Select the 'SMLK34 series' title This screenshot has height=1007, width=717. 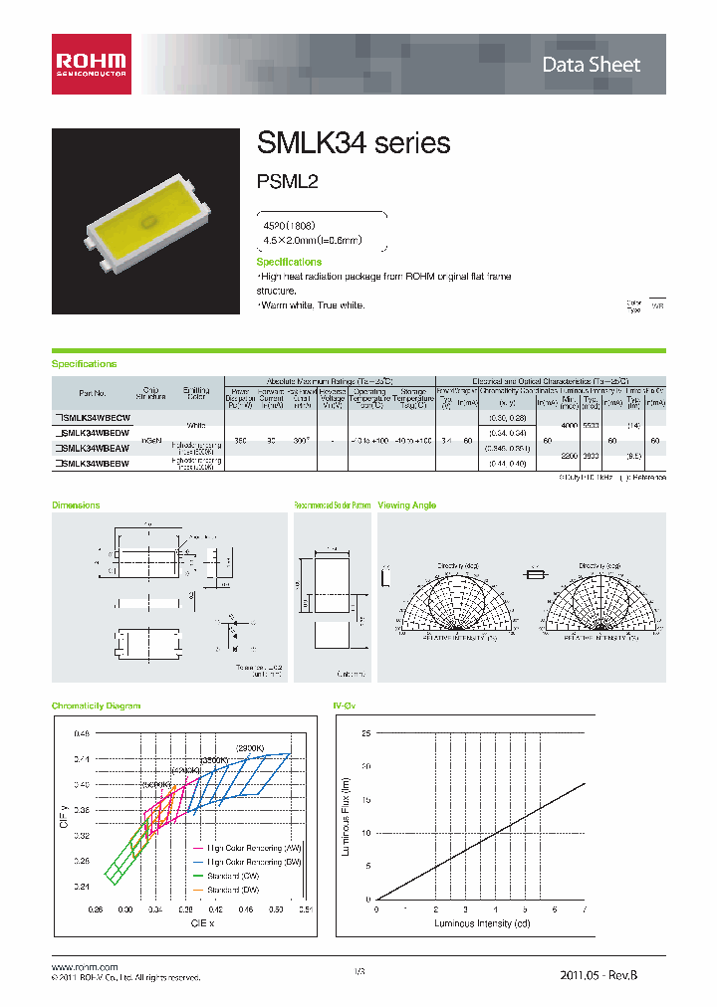coord(354,143)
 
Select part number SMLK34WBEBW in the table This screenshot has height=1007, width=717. coord(93,463)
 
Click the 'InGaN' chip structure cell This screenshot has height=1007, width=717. coord(150,439)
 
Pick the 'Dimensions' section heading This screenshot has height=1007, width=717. coord(76,505)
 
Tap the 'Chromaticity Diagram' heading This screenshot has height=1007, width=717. coord(96,705)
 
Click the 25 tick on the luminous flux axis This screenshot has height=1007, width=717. coord(366,733)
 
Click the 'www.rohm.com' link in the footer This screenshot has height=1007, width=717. coord(84,967)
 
